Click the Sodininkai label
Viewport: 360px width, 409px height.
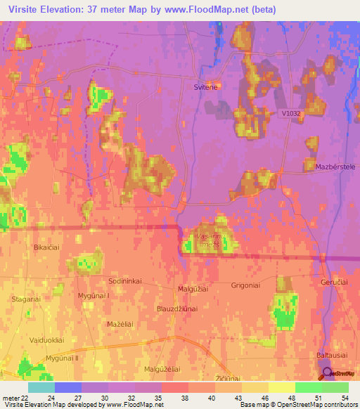(125, 281)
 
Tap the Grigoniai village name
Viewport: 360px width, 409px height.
(246, 285)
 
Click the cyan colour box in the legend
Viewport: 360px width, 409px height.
(41, 387)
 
